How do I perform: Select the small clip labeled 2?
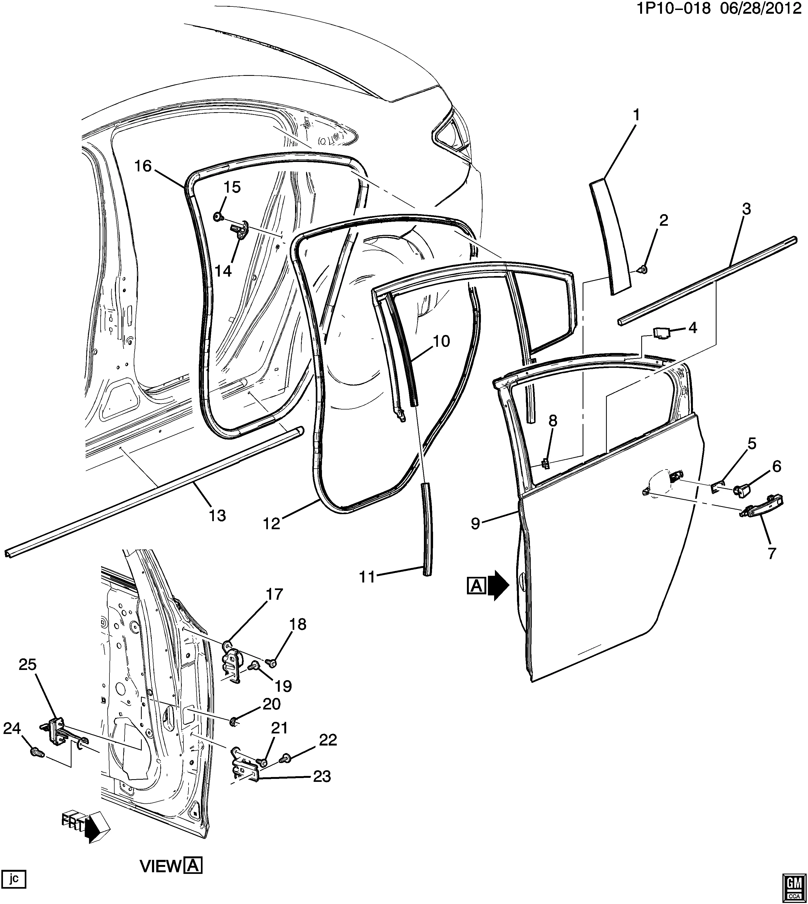click(x=644, y=269)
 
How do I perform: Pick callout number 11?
click(x=368, y=577)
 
